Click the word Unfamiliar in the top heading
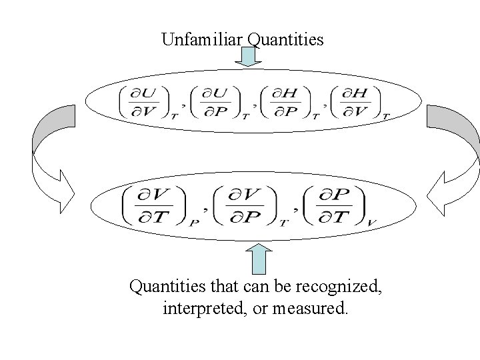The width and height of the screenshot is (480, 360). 201,40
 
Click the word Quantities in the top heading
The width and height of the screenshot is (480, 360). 285,40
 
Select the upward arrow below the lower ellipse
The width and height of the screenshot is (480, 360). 258,258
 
